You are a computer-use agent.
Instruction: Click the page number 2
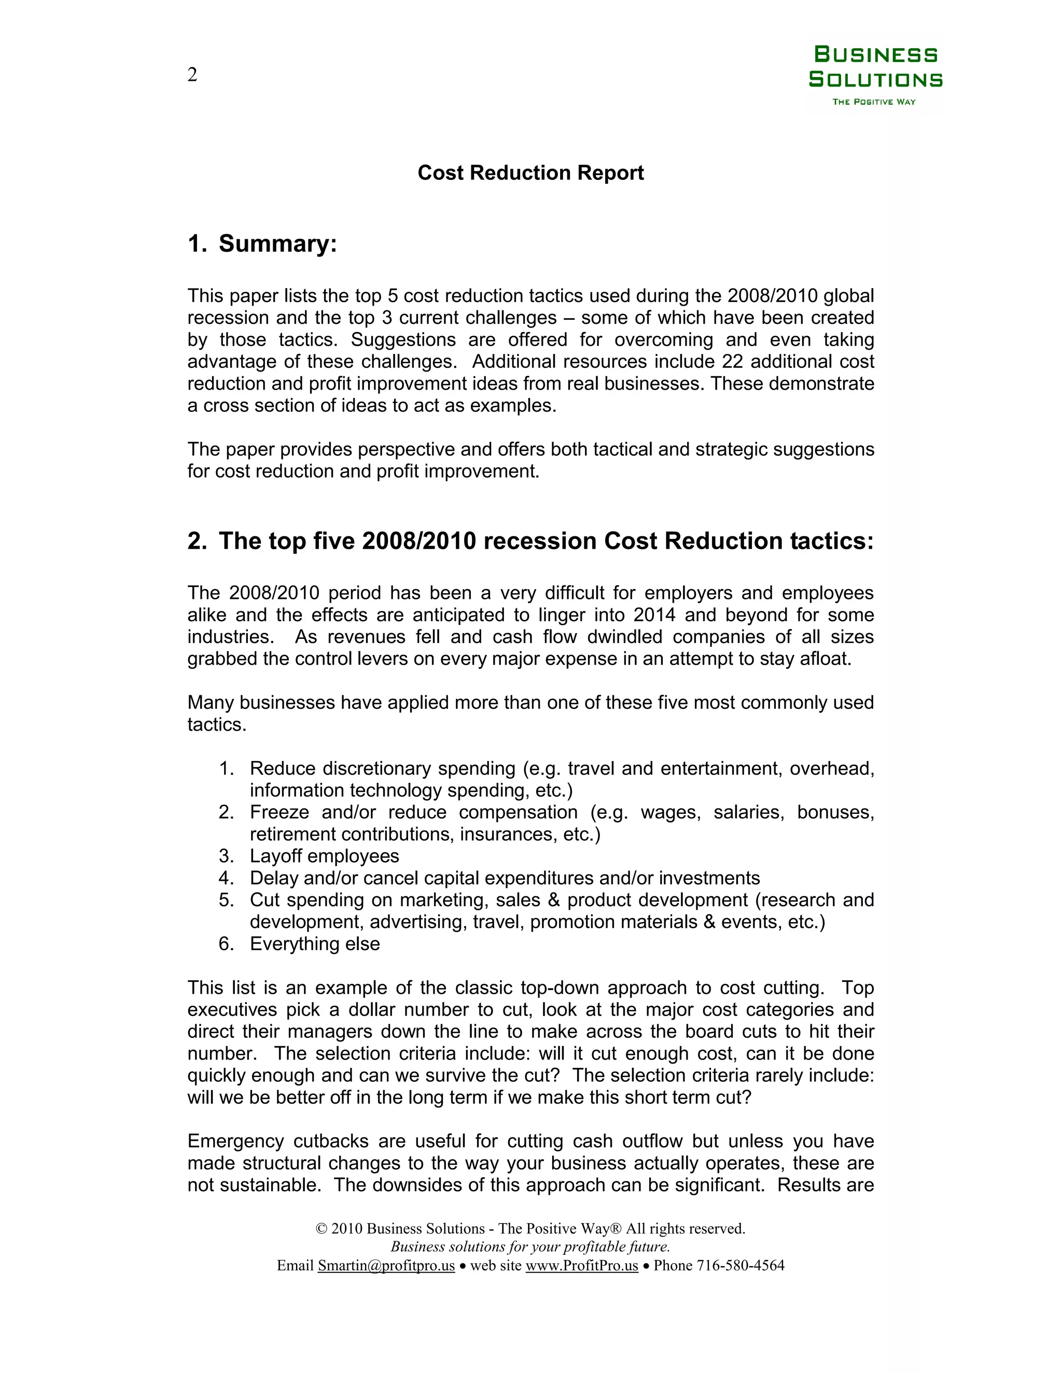coord(192,75)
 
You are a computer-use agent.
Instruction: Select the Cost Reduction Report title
coord(530,173)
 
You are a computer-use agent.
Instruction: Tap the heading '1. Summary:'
coord(262,244)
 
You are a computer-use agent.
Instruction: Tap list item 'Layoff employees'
coord(324,856)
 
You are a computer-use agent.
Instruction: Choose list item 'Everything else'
coord(315,943)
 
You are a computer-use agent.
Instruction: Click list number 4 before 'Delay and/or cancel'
coord(226,878)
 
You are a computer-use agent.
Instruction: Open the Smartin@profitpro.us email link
coord(386,1266)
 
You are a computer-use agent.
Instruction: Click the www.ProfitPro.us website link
coord(581,1266)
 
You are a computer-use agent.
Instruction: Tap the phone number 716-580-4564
coord(740,1266)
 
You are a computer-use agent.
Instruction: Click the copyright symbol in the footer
coord(322,1228)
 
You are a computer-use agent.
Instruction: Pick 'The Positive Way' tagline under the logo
coord(874,102)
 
